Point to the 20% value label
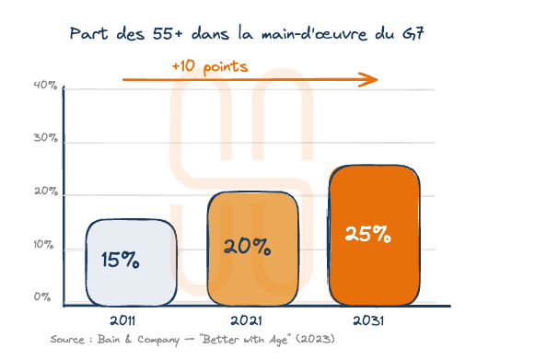[x=247, y=247]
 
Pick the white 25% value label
[x=367, y=233]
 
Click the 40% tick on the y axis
[x=45, y=87]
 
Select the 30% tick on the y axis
[x=46, y=140]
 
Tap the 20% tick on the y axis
[x=46, y=193]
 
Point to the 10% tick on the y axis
[x=45, y=246]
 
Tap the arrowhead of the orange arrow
[x=371, y=79]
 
